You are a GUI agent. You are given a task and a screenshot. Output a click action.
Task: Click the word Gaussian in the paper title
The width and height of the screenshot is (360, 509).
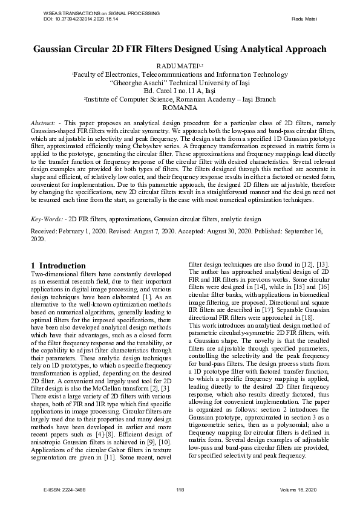[x=59, y=49]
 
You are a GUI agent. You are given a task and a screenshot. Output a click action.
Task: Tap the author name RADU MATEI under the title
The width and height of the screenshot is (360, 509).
[x=178, y=64]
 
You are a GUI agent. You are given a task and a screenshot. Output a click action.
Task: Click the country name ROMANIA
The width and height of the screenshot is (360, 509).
[x=180, y=108]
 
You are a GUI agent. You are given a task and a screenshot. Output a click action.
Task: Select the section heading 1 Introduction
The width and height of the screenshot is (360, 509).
[x=58, y=265]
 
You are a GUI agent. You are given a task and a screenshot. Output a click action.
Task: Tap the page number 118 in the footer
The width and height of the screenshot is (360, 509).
[x=179, y=488]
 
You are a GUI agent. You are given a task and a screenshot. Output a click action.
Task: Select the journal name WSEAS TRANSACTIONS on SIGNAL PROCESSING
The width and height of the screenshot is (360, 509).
[x=100, y=13]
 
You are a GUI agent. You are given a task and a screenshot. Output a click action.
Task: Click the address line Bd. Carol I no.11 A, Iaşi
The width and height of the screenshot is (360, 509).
[x=180, y=90]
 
